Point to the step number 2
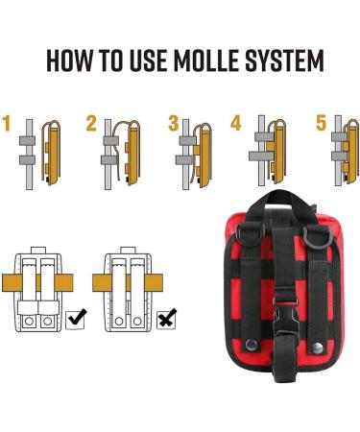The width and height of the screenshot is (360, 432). pyautogui.click(x=91, y=123)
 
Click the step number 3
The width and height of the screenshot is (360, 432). pyautogui.click(x=174, y=123)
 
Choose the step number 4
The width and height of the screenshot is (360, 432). pyautogui.click(x=236, y=123)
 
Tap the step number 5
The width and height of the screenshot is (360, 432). pyautogui.click(x=321, y=123)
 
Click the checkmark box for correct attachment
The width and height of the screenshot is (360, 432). pyautogui.click(x=75, y=315)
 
